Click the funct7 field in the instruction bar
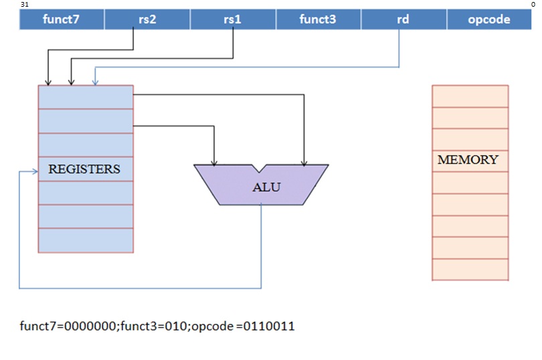tap(62, 19)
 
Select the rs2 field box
tap(147, 19)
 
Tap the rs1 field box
tap(233, 19)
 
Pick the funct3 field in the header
tap(318, 19)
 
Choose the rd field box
tap(403, 19)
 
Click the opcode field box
tap(489, 19)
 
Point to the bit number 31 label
tap(24, 4)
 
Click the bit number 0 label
tap(533, 4)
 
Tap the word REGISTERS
tap(84, 169)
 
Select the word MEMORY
tap(468, 160)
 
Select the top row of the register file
tap(86, 97)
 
